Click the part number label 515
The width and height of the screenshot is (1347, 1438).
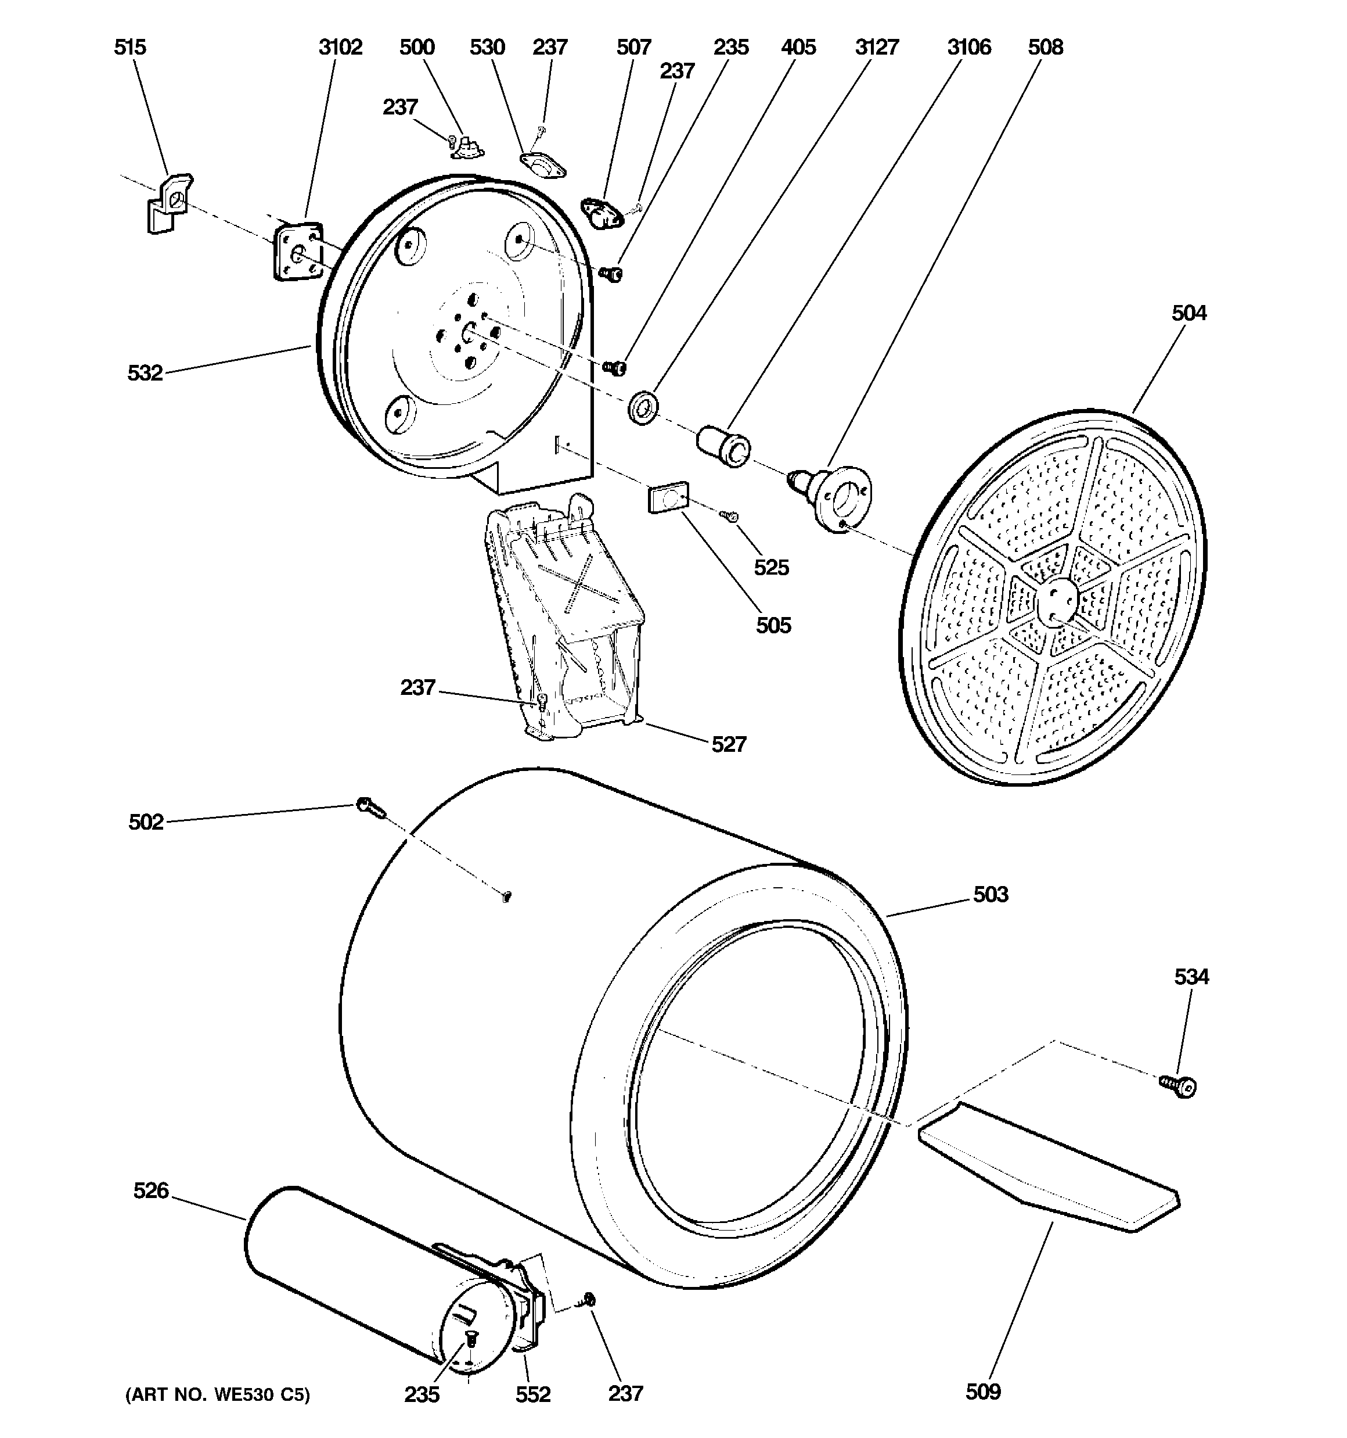coord(130,48)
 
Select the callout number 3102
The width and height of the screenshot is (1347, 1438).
coord(340,48)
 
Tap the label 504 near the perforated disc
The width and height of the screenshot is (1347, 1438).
coord(1188,313)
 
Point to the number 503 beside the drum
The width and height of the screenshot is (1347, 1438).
coord(990,895)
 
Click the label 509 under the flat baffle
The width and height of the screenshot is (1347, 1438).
coord(982,1392)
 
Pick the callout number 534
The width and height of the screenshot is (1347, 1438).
coord(1191,977)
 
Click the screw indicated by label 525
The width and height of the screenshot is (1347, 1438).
coord(728,514)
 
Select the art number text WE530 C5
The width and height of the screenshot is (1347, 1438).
coord(218,1394)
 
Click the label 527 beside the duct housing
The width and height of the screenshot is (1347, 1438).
coord(728,744)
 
